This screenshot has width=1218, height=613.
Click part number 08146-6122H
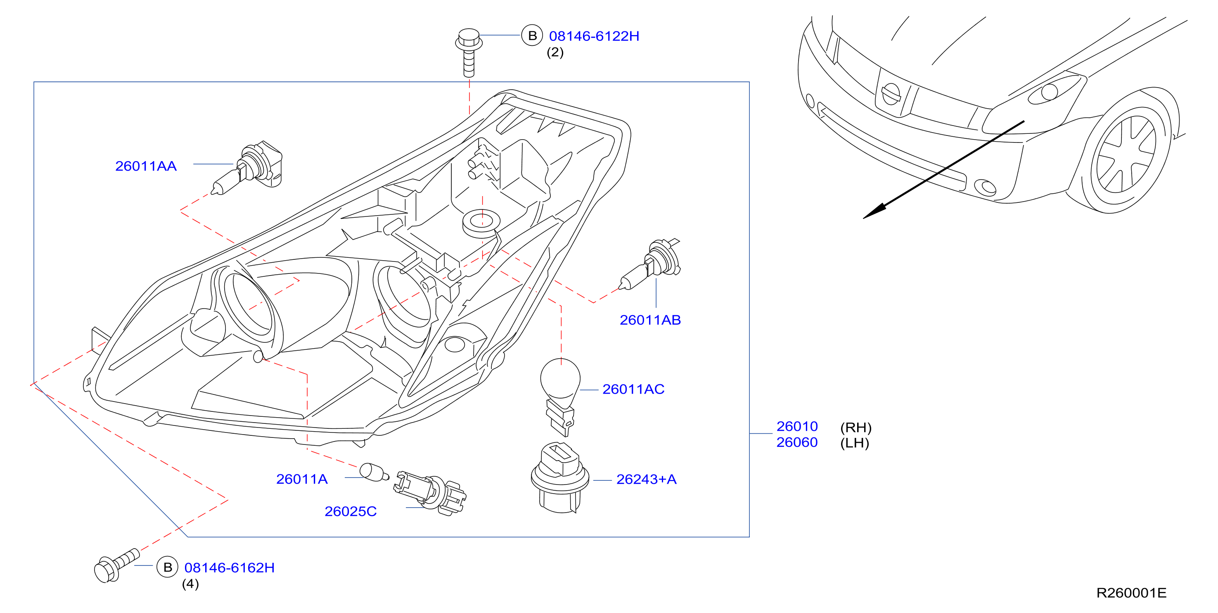click(x=594, y=36)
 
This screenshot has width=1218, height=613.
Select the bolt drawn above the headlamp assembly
click(x=469, y=52)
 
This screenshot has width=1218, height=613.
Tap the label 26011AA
click(x=146, y=166)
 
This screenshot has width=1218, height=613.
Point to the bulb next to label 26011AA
click(x=247, y=167)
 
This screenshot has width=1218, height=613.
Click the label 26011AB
click(x=650, y=320)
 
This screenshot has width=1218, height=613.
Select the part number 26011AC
click(x=633, y=389)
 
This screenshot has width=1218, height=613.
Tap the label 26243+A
click(x=646, y=480)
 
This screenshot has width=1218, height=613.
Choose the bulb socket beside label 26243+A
click(x=560, y=478)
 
